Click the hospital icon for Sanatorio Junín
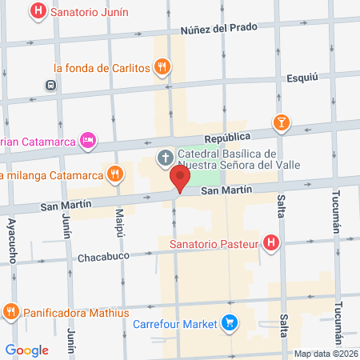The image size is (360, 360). click(x=38, y=12)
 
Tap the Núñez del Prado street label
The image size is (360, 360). click(x=218, y=28)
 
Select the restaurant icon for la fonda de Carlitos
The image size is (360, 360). click(x=162, y=68)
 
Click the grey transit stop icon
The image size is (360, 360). click(x=51, y=85)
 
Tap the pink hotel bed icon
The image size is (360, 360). click(x=89, y=141)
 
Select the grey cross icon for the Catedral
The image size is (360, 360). click(x=165, y=157)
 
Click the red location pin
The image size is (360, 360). click(x=181, y=179)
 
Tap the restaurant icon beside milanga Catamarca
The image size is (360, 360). click(x=116, y=174)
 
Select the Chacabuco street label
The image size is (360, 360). click(x=105, y=258)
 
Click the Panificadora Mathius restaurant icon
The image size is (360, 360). click(x=11, y=311)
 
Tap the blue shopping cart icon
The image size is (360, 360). click(x=230, y=324)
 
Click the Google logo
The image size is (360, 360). click(x=27, y=350)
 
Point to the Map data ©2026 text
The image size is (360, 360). click(x=326, y=354)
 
